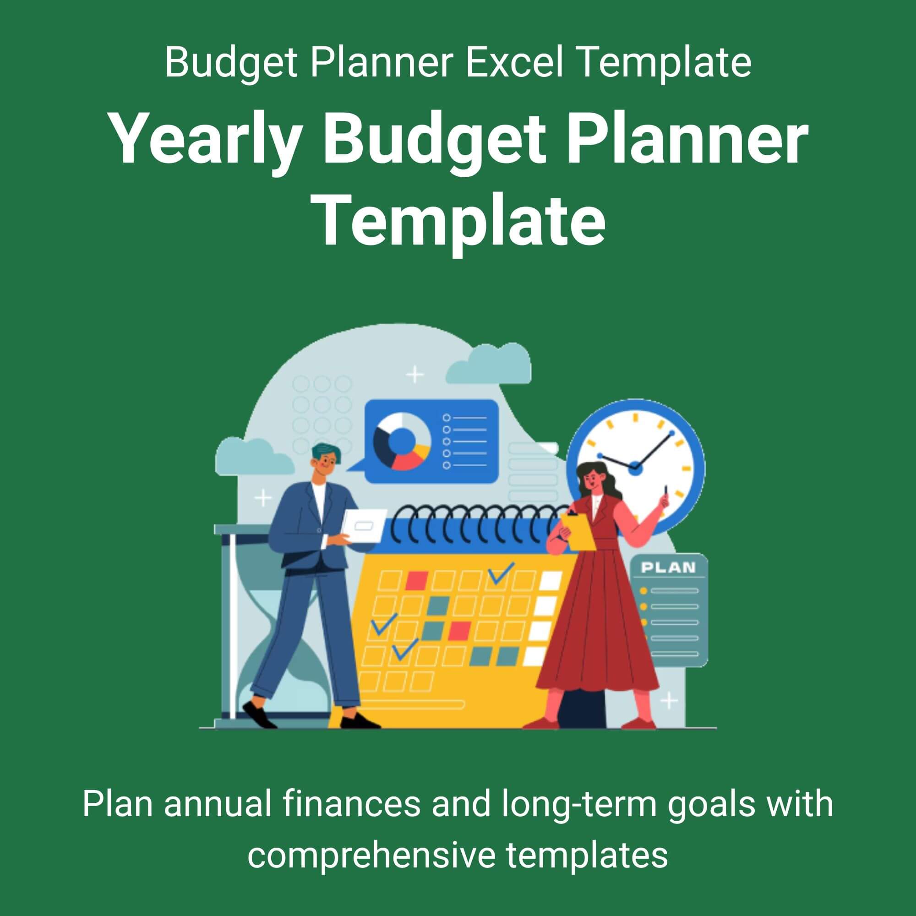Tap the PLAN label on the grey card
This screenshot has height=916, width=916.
tap(669, 567)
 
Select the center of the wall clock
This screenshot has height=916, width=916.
tap(635, 469)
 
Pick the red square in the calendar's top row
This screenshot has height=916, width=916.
tap(417, 579)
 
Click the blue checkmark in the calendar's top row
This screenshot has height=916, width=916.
tap(501, 573)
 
